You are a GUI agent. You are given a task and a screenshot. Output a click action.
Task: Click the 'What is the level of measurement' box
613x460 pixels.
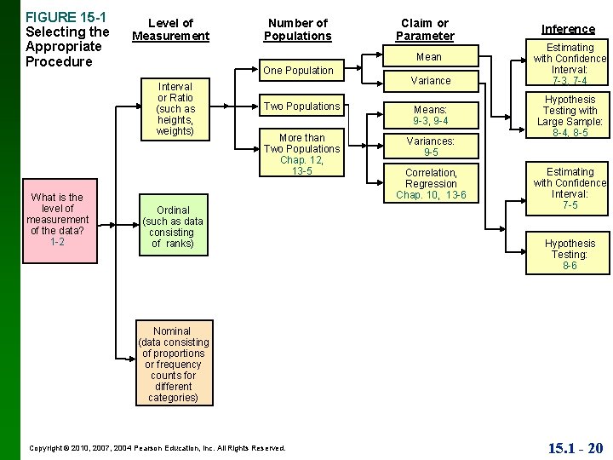click(x=57, y=220)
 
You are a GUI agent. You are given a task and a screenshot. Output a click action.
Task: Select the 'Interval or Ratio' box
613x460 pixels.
click(x=175, y=109)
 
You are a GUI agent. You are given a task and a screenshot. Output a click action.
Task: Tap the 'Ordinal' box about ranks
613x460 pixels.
click(x=173, y=227)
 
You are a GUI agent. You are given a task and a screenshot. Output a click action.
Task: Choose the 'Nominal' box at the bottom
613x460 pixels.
click(x=172, y=364)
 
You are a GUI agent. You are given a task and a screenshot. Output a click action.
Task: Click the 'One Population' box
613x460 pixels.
click(x=298, y=70)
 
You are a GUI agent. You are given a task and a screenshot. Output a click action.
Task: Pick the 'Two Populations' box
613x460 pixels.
click(x=302, y=106)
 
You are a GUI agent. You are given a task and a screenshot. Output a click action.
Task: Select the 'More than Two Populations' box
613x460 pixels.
click(x=302, y=154)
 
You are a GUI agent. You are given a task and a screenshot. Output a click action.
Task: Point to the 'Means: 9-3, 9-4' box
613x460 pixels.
click(x=431, y=115)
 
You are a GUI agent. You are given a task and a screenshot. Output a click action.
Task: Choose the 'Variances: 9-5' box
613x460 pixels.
click(x=431, y=147)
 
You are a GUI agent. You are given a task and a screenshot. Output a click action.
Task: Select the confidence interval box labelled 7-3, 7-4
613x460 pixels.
click(x=570, y=64)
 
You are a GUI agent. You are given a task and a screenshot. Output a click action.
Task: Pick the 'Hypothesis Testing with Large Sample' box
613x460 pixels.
click(x=570, y=117)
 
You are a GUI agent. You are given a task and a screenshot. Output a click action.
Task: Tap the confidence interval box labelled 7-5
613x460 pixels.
click(x=570, y=188)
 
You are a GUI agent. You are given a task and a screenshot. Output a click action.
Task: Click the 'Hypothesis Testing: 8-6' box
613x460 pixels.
click(x=570, y=254)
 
